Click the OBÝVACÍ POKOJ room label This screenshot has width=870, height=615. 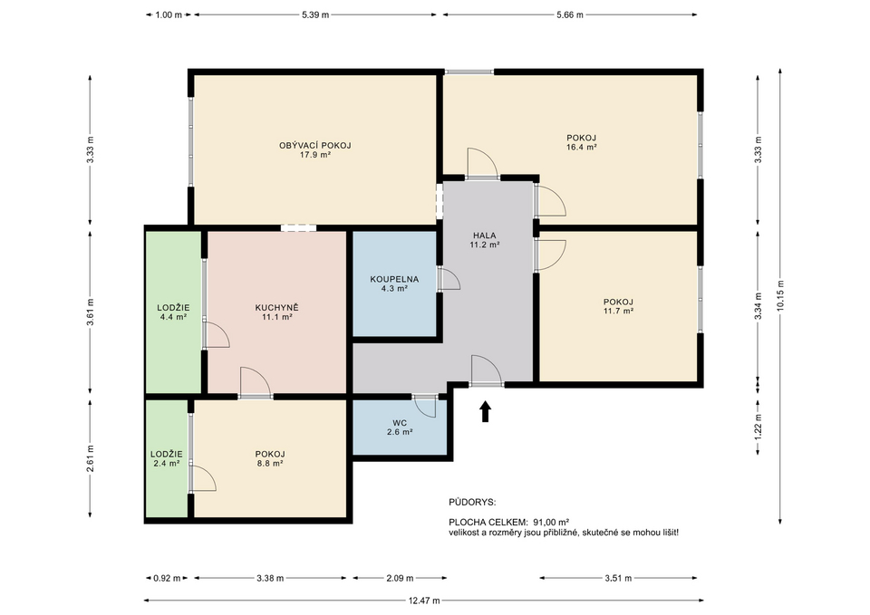tap(314, 150)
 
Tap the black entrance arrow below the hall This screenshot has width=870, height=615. tap(485, 412)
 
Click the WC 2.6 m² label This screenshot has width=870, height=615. tap(399, 428)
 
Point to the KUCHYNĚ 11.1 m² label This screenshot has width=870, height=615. tap(276, 312)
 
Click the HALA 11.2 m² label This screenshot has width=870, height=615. tap(485, 240)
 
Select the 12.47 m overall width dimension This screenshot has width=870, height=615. tap(419, 599)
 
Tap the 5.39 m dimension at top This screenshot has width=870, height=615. tap(314, 14)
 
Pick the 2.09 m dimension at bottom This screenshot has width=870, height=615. tap(399, 578)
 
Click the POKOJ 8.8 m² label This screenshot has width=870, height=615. tap(270, 458)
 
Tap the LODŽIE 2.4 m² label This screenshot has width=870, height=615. tap(167, 458)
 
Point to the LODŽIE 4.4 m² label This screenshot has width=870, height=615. tap(172, 312)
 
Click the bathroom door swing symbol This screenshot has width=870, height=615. tap(449, 279)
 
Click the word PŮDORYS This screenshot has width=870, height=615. tap(472, 501)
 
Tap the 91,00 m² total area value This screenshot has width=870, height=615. tap(550, 522)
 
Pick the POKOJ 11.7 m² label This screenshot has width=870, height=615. tap(618, 306)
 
